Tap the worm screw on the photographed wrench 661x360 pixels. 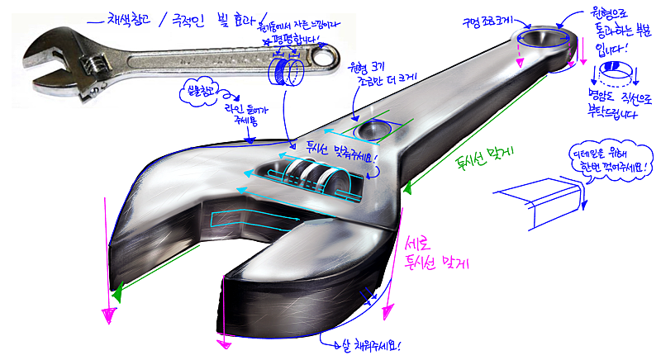[97, 61]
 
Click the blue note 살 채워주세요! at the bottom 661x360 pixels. [372, 346]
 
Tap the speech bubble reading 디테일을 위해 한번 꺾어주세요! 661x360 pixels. [611, 161]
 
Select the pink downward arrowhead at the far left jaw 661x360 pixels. [107, 313]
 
